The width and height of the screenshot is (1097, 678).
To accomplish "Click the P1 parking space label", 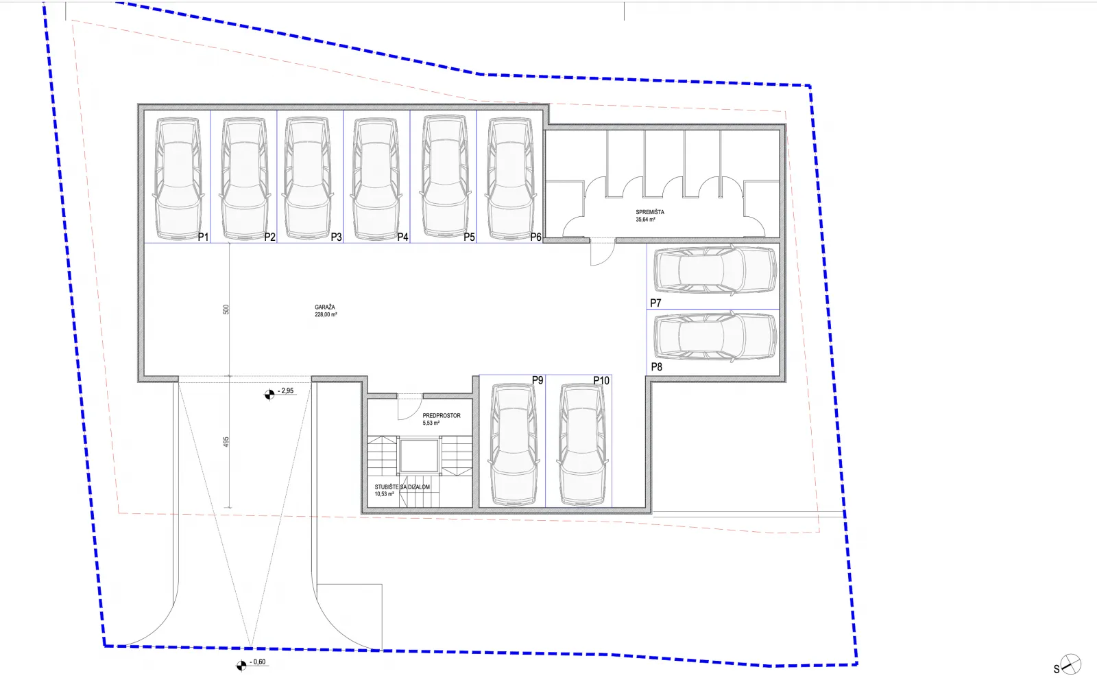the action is (x=203, y=237).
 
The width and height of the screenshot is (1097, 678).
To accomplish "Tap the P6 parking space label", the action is (x=535, y=237).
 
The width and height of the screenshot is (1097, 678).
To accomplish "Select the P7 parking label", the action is (x=655, y=303).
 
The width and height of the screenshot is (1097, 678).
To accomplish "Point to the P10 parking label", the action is (x=601, y=380).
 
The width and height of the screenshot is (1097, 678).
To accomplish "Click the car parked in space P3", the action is (x=308, y=178).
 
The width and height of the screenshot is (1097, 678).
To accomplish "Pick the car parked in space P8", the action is (x=716, y=336).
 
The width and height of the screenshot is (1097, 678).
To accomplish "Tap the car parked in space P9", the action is (x=514, y=444).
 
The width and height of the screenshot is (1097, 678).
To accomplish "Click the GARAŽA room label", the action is (x=325, y=307).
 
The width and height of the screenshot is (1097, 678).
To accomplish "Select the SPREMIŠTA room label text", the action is (x=650, y=212).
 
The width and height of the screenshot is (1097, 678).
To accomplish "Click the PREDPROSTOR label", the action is (x=442, y=416).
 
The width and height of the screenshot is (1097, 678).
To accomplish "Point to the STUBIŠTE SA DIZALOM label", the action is (x=402, y=487).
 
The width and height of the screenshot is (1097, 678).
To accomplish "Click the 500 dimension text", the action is (x=226, y=309).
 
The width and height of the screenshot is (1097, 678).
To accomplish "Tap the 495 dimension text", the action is (x=226, y=442).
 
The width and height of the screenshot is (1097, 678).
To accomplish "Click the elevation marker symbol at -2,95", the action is (x=269, y=394).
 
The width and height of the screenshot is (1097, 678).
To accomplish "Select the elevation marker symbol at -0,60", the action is (x=241, y=665).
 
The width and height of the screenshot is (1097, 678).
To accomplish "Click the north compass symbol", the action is (x=1070, y=664).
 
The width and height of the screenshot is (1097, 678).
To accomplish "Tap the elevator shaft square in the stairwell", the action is (x=419, y=456).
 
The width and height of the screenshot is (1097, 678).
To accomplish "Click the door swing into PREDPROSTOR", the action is (x=409, y=407).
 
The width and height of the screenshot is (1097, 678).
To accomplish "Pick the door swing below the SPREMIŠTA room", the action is (x=603, y=253).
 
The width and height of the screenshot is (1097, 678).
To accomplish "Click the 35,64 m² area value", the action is (x=645, y=220).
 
